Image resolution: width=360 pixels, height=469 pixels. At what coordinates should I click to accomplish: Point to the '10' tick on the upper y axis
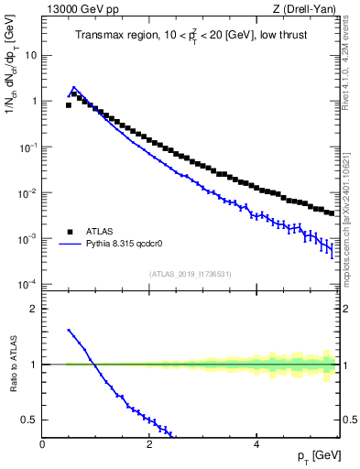pos(30,55)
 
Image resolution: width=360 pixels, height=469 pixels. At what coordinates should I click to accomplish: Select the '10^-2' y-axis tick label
pos(27,193)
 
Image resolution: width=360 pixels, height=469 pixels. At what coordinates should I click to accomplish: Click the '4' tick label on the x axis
pos(256,444)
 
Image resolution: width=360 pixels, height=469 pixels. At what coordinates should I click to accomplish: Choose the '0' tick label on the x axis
pos(43,444)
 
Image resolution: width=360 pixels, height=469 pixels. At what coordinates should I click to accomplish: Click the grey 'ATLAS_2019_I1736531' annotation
pos(191,274)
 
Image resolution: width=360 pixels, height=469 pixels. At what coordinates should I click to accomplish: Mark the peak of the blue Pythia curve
pos(74,88)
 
